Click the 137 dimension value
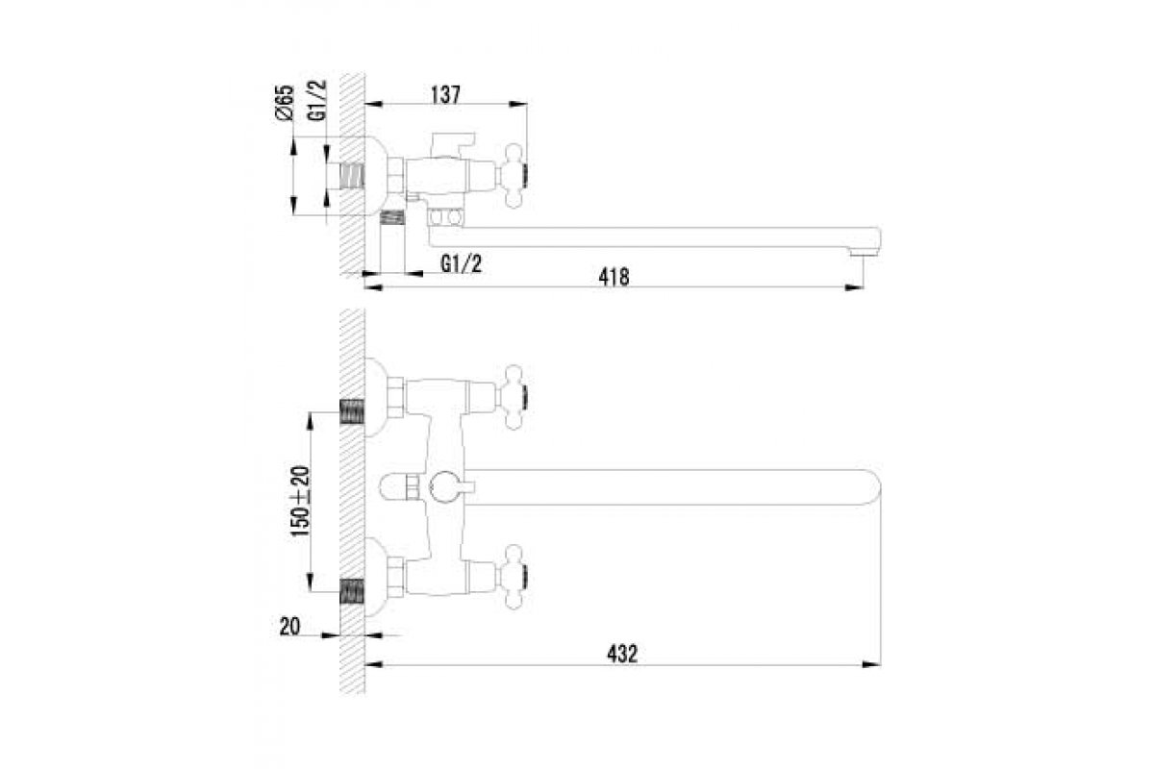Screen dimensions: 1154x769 pos(445,95)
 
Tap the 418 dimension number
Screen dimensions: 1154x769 pos(615,277)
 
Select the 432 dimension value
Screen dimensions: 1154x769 pos(622,655)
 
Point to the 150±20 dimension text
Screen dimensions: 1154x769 pos(300,501)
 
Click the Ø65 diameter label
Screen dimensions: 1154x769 pos(285,103)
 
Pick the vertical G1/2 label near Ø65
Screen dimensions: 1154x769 pos(317,100)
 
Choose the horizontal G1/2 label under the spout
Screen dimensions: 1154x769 pos(462,264)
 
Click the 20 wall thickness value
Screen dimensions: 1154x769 pos(289,627)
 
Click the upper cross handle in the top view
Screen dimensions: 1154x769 pos(513,397)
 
